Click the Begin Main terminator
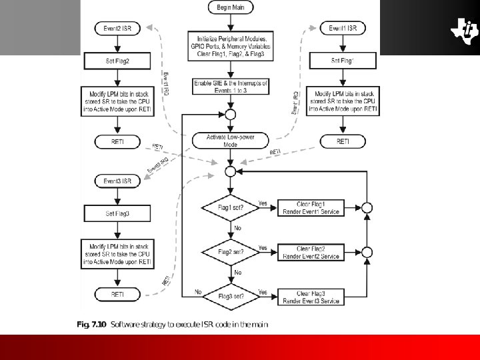(x=230, y=8)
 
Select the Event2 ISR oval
(x=117, y=29)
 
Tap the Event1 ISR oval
(x=343, y=29)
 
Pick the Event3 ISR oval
(x=117, y=181)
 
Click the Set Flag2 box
(x=117, y=61)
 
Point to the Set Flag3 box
(x=117, y=213)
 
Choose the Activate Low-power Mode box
(x=229, y=141)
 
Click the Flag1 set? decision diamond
(x=229, y=208)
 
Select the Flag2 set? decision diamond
(x=229, y=252)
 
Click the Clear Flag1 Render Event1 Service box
(x=311, y=208)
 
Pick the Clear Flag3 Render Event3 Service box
(x=311, y=297)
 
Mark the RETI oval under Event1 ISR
(x=343, y=141)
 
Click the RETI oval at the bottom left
(x=117, y=293)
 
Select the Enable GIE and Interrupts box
(x=229, y=86)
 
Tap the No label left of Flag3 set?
(x=198, y=292)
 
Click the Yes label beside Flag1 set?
(x=263, y=203)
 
